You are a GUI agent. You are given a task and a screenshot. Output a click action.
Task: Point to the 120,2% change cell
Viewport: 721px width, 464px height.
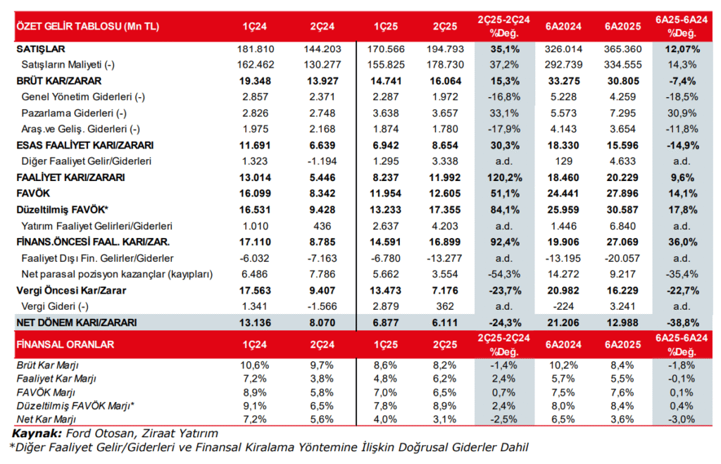[x=504, y=178]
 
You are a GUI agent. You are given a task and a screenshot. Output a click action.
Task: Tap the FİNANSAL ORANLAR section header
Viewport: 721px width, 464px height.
[x=65, y=345]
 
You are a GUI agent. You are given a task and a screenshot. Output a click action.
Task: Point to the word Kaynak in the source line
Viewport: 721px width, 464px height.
[x=35, y=433]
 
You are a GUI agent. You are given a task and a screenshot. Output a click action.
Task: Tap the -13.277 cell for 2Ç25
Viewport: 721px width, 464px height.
[x=441, y=258]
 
